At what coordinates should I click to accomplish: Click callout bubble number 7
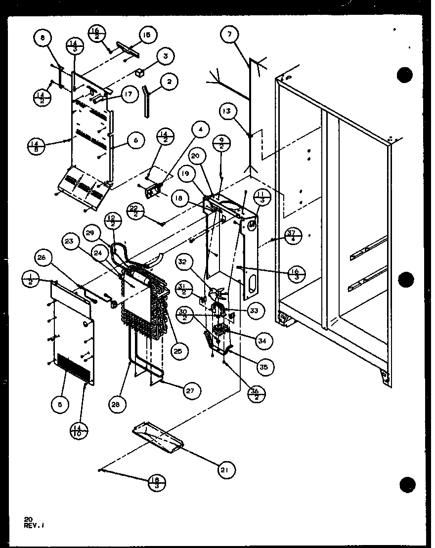pyautogui.click(x=230, y=34)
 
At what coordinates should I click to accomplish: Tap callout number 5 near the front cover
pyautogui.click(x=60, y=405)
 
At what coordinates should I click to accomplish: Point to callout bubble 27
pyautogui.click(x=190, y=391)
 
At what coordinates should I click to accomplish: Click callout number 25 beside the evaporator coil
pyautogui.click(x=177, y=351)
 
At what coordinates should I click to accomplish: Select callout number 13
pyautogui.click(x=227, y=112)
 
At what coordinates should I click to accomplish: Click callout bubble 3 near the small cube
pyautogui.click(x=165, y=57)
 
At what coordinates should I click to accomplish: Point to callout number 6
pyautogui.click(x=136, y=141)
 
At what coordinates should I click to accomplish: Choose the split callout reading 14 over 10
pyautogui.click(x=79, y=431)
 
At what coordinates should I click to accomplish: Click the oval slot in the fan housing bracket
pyautogui.click(x=253, y=285)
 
